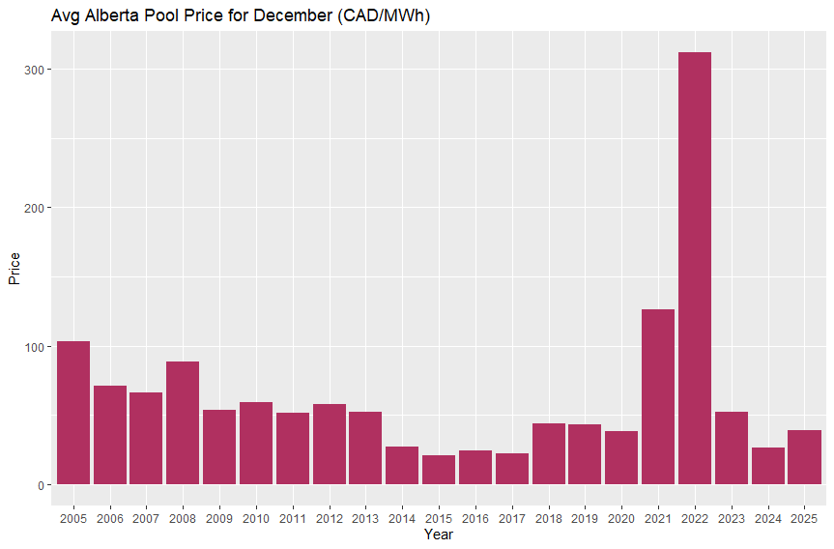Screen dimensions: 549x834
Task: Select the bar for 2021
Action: pos(658,396)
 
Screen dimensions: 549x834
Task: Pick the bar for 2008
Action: pos(183,422)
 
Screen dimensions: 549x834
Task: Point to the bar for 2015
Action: pos(439,470)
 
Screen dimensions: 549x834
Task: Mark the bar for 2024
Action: pos(767,466)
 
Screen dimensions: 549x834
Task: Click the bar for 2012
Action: pos(330,444)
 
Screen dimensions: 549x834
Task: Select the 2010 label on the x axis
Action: pos(256,519)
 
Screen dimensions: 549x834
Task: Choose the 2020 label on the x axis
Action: pos(621,519)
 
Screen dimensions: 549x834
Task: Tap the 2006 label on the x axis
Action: pos(110,519)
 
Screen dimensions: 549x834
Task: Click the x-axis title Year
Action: pos(438,535)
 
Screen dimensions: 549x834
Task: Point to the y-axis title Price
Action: pos(14,268)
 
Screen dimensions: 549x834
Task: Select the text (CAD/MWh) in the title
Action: pos(378,16)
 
